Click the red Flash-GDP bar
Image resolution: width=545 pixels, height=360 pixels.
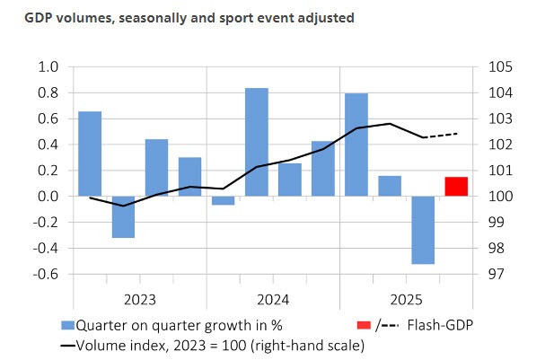tap(456, 187)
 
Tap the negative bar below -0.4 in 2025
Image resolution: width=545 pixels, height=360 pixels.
tap(423, 230)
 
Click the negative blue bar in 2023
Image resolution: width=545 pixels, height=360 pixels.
tap(123, 216)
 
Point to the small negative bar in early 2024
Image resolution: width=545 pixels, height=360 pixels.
tap(223, 200)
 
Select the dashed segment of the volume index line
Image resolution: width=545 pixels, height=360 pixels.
tap(440, 136)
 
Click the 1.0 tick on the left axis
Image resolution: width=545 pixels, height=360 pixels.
tap(48, 67)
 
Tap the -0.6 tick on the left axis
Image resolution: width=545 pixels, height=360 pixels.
tap(46, 274)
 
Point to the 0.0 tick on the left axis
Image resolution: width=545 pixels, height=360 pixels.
tap(48, 196)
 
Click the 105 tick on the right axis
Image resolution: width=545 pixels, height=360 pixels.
tap(499, 67)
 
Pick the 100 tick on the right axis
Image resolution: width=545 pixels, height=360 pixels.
tap(499, 196)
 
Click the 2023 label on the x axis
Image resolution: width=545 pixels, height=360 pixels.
tap(140, 299)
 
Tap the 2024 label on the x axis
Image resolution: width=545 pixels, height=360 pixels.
tap(273, 299)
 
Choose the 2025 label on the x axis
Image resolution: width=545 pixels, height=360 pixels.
tap(407, 299)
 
